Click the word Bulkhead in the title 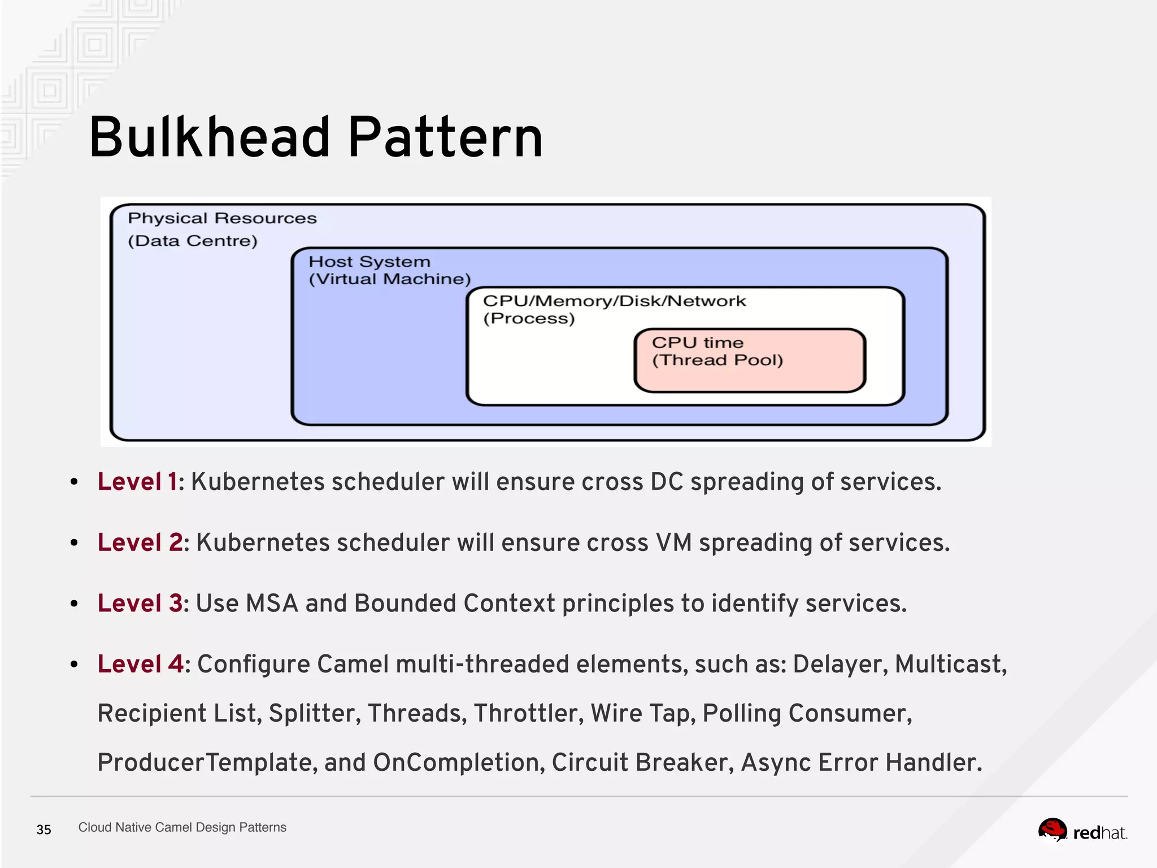click(x=210, y=137)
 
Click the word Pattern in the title click(x=445, y=137)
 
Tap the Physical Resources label click(x=222, y=218)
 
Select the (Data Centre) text click(x=192, y=241)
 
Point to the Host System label click(x=369, y=262)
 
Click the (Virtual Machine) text click(x=390, y=279)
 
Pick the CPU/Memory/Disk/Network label click(x=614, y=301)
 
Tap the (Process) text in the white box click(x=529, y=318)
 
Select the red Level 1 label click(x=137, y=482)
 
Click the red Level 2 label click(x=140, y=542)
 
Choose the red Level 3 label click(x=140, y=603)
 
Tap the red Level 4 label click(x=140, y=664)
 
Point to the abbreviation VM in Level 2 click(x=673, y=542)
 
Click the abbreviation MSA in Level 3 click(x=272, y=603)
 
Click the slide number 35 click(x=44, y=830)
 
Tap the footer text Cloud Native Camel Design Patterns click(x=182, y=827)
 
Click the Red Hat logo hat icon click(x=1052, y=830)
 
